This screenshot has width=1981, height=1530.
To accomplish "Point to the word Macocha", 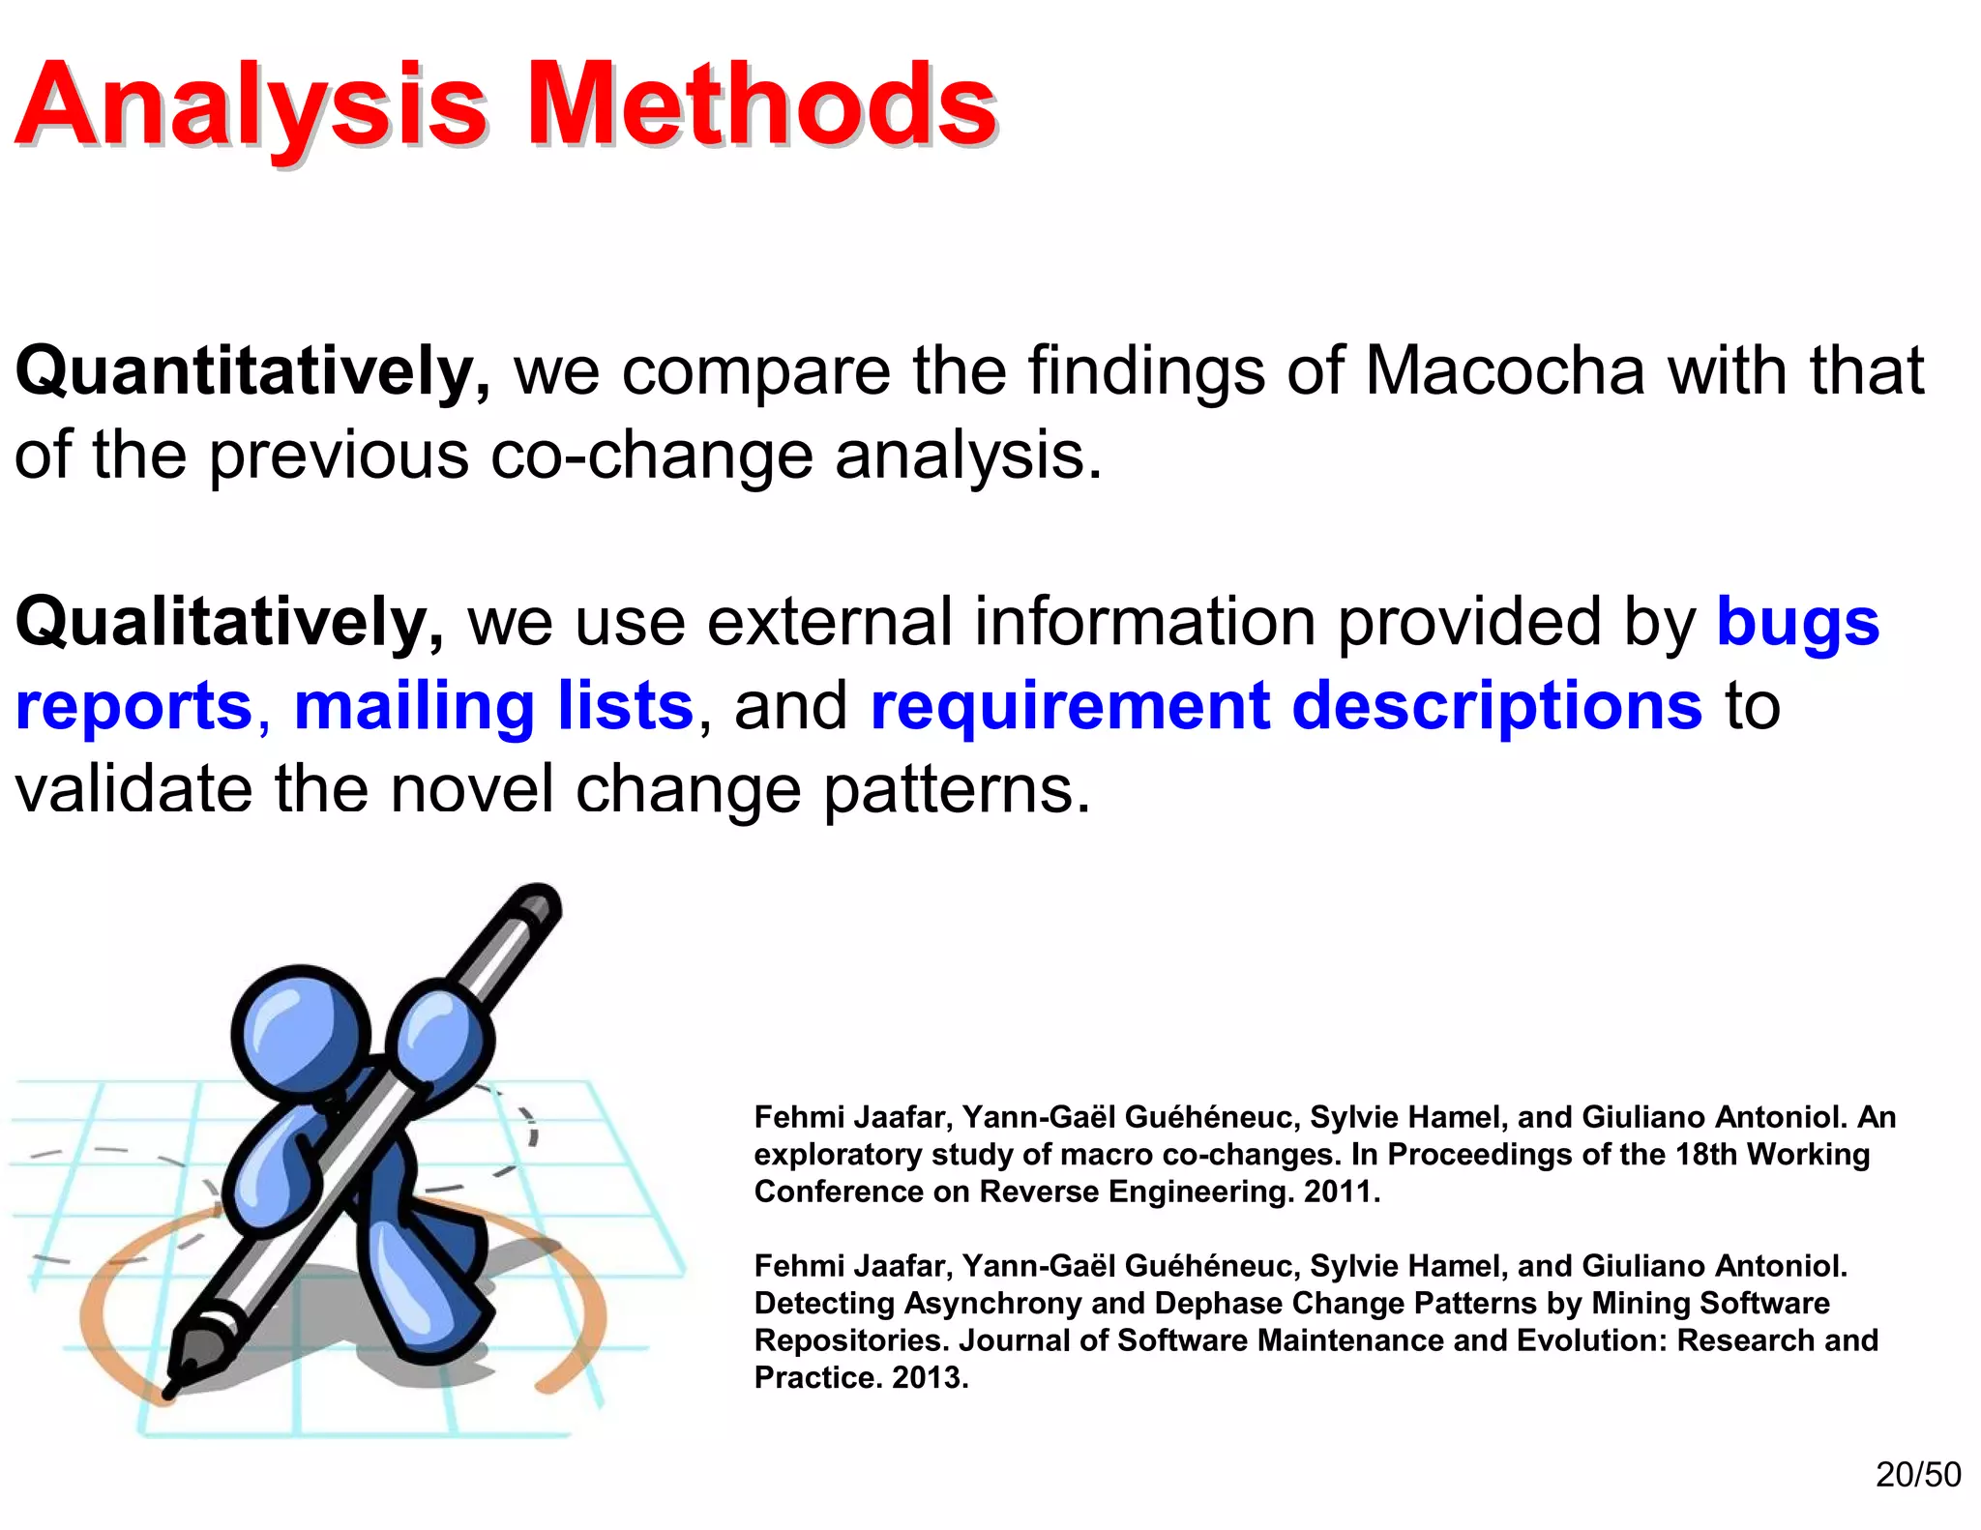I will [x=1504, y=371].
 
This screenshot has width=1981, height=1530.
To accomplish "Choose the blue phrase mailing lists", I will [x=493, y=705].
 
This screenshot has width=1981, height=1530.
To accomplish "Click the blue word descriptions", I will [x=1496, y=705].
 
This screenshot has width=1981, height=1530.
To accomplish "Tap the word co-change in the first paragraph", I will [x=651, y=455].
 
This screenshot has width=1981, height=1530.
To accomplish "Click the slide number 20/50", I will [x=1917, y=1474].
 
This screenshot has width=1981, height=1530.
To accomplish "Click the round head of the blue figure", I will [x=300, y=1033].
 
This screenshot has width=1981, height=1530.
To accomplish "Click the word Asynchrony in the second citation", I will [x=992, y=1303].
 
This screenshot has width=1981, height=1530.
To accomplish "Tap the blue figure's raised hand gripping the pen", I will [x=440, y=1035].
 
